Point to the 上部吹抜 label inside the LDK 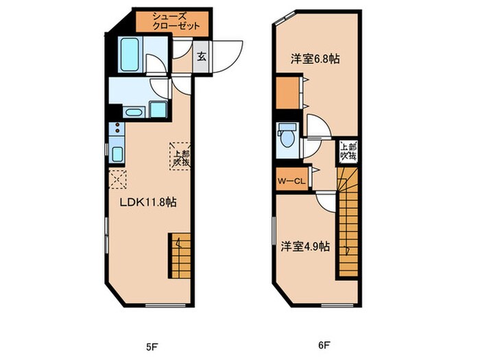[180, 158]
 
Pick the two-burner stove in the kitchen [115, 128]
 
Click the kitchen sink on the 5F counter [116, 153]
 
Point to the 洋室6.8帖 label [315, 59]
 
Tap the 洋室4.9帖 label [305, 245]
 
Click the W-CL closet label [291, 181]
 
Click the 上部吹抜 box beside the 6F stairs [348, 152]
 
